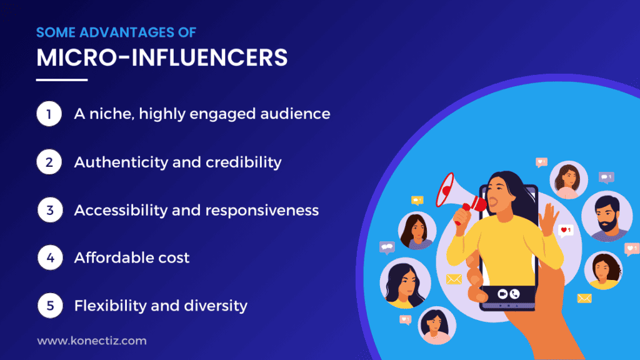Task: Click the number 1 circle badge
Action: click(49, 114)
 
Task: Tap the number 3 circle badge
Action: click(49, 210)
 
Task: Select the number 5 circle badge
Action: click(49, 306)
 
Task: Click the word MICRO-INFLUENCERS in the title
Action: click(162, 57)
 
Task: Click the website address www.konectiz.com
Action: click(92, 341)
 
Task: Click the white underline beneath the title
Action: click(62, 79)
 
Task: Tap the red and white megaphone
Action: click(455, 195)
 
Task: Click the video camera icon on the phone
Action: click(502, 292)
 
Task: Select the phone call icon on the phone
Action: click(515, 292)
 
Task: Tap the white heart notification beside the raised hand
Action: click(566, 231)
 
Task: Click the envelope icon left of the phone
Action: click(454, 279)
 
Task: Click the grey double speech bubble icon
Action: click(387, 247)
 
